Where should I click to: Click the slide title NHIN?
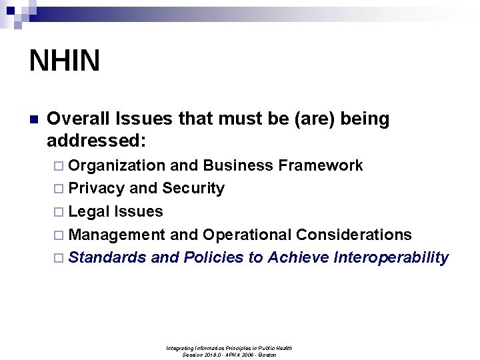click(65, 61)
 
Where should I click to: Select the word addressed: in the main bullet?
click(97, 141)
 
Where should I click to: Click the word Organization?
click(117, 165)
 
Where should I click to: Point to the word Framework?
click(329, 165)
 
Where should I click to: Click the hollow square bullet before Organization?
click(60, 166)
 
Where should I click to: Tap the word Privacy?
click(97, 189)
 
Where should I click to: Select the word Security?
click(193, 189)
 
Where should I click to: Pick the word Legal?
click(89, 212)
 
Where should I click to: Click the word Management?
click(117, 235)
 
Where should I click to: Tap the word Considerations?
click(354, 235)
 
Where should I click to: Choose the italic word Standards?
click(107, 257)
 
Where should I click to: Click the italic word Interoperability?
click(391, 258)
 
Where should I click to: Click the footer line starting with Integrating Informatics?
click(229, 348)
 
